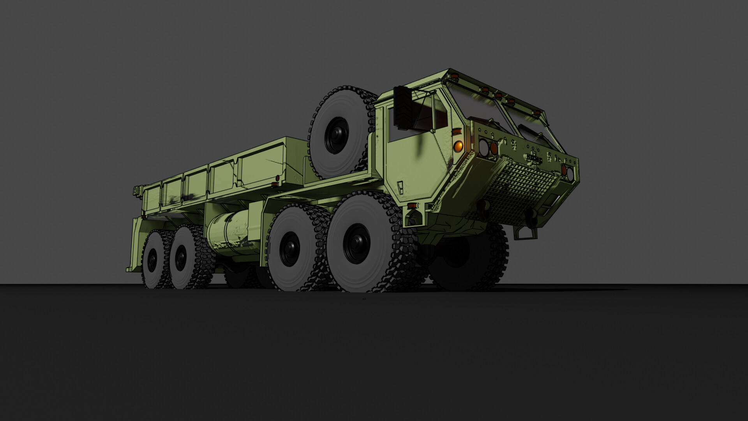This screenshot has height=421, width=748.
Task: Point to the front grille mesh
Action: [x=518, y=195]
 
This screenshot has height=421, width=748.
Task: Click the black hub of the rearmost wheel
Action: [x=152, y=260]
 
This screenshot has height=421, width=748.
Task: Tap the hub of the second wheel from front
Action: [x=290, y=249]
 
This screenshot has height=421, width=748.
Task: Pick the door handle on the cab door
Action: [x=400, y=185]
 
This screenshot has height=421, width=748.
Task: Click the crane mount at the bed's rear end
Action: [x=139, y=191]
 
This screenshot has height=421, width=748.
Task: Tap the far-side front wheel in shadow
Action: [x=467, y=261]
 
